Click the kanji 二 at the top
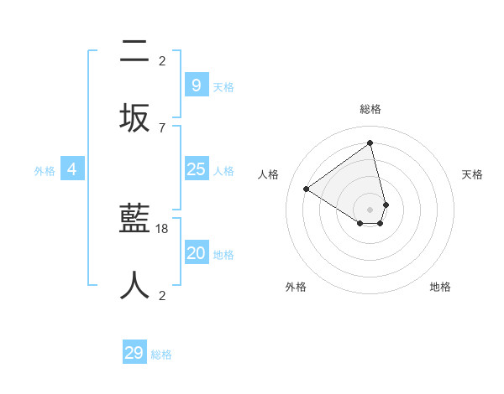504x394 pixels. point(134,52)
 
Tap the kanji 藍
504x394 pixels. point(134,220)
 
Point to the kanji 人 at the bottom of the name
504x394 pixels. point(134,285)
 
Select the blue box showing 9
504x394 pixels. point(196,86)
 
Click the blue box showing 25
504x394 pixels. point(196,169)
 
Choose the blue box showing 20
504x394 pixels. point(196,253)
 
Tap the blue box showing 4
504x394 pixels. point(72,169)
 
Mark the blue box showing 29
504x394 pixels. point(134,353)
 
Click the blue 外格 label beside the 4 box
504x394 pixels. point(45,171)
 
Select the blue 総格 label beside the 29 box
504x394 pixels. point(161,355)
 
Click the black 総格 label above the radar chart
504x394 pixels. point(370,109)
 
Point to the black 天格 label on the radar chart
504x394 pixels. point(472,174)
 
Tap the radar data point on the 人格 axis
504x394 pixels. point(307,189)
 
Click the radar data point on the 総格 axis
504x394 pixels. point(370,143)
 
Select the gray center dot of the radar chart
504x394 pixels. point(370,209)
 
